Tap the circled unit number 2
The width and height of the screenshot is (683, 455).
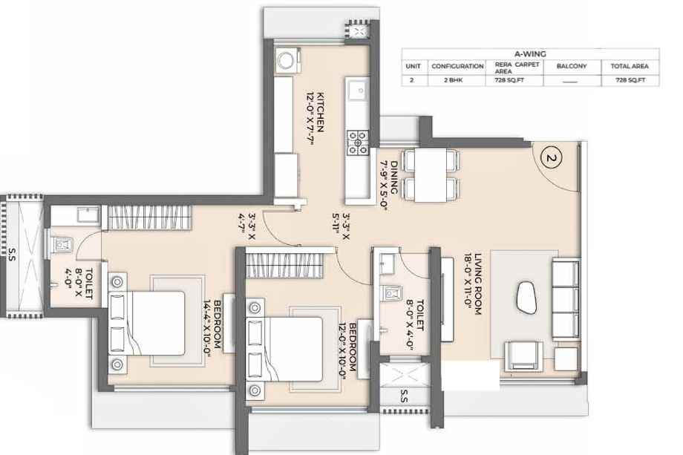point(551,157)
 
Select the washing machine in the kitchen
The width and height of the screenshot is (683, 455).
point(287,60)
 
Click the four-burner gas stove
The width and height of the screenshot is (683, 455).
point(358,143)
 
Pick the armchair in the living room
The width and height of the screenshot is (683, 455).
point(523,356)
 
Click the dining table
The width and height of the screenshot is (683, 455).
point(431,175)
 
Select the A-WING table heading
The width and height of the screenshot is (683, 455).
point(530,54)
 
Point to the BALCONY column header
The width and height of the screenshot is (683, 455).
point(572,66)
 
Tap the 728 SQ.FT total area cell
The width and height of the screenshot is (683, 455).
point(630,80)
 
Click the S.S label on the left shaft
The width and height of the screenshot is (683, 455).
point(12,255)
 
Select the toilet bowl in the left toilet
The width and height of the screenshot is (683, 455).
point(61,245)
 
